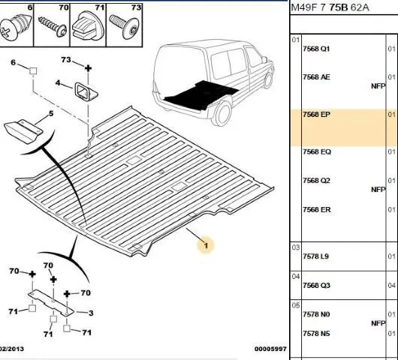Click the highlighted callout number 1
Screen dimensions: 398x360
click(x=206, y=245)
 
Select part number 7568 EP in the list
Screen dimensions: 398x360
click(x=316, y=115)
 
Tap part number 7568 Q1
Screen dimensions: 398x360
click(x=316, y=49)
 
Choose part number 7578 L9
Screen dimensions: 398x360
click(x=315, y=256)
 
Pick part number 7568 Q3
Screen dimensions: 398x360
click(x=316, y=286)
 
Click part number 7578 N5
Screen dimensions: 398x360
click(x=316, y=334)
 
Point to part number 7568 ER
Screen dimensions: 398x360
click(x=316, y=210)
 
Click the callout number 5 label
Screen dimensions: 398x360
click(x=51, y=113)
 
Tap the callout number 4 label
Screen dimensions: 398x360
click(x=58, y=83)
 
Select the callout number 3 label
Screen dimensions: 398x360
click(x=91, y=313)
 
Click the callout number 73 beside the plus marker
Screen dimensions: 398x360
click(x=66, y=60)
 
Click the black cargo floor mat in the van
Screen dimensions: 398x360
click(x=201, y=94)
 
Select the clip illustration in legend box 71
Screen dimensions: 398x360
click(x=88, y=25)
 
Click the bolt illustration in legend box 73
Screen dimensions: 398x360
click(x=124, y=25)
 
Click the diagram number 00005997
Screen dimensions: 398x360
click(x=270, y=349)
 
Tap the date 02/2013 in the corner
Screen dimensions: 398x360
click(x=12, y=349)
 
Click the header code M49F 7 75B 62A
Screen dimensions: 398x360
click(x=330, y=7)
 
